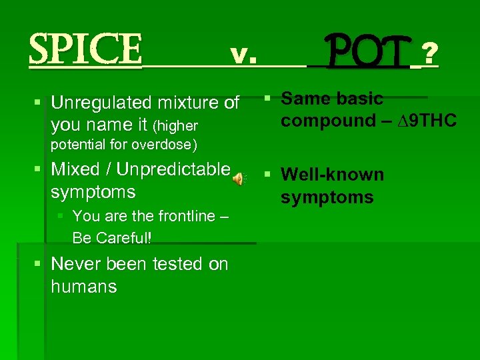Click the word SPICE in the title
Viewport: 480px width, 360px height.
click(x=85, y=49)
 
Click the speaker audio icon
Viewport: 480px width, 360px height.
click(x=239, y=178)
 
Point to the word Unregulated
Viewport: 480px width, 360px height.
click(x=100, y=103)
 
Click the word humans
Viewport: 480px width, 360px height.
click(x=83, y=287)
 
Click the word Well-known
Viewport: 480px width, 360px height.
click(x=332, y=175)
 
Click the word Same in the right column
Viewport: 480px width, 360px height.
click(x=301, y=99)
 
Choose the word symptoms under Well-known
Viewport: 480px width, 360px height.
click(x=327, y=197)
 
